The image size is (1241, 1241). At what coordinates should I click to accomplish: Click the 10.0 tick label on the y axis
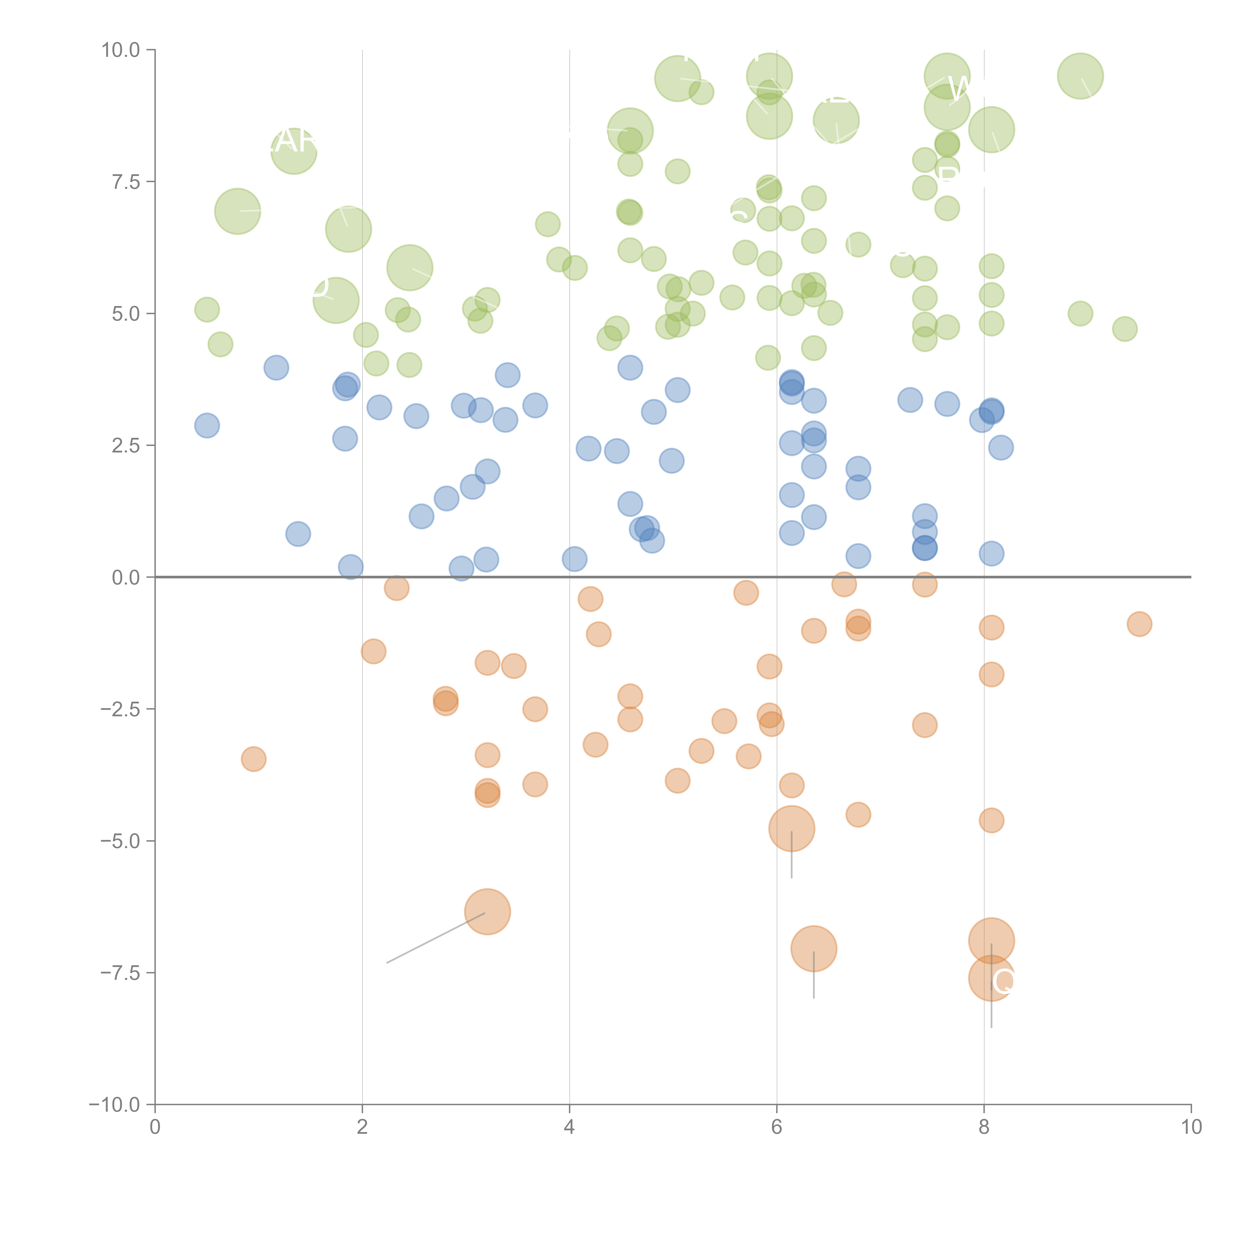(121, 50)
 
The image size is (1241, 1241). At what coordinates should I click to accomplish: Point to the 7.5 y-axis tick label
(126, 182)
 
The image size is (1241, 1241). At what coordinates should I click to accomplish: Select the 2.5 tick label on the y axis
(126, 445)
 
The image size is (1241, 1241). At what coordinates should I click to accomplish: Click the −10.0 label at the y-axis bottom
(114, 1105)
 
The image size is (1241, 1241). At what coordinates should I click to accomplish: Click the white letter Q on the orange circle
(1003, 981)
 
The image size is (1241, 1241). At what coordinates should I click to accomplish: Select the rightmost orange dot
(1139, 624)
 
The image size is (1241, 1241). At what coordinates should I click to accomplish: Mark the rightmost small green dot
(1124, 329)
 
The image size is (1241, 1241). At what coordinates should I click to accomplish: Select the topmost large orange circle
(791, 829)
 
